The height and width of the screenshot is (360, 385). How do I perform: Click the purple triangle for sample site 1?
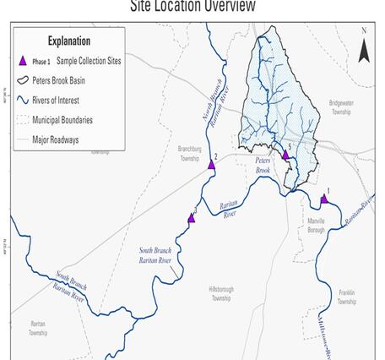[324, 199]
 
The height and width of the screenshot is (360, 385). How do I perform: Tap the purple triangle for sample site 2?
[211, 165]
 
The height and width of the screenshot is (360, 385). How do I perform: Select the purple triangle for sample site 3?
[191, 218]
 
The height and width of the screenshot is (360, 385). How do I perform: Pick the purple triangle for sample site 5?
[285, 155]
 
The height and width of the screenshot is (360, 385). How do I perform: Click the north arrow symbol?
[364, 52]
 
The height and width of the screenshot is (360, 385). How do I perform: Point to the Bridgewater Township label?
[339, 108]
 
